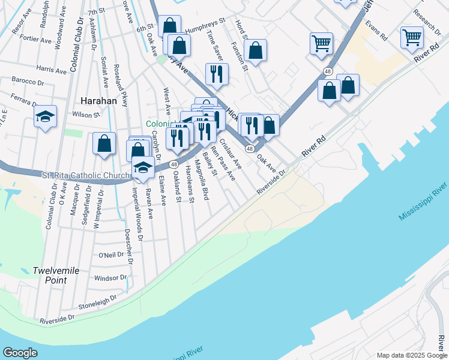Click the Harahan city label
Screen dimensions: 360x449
[x=97, y=101]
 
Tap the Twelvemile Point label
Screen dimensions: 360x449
[x=56, y=275]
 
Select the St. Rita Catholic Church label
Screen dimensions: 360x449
[x=86, y=175]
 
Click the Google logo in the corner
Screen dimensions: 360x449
[x=20, y=353]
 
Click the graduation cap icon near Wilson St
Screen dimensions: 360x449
[x=45, y=116]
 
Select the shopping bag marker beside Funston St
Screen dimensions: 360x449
[x=255, y=51]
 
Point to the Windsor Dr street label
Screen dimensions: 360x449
[x=110, y=278]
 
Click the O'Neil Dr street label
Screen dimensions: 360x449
[x=114, y=254]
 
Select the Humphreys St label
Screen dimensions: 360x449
[x=205, y=20]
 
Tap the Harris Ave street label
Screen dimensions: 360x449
[x=50, y=68]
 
